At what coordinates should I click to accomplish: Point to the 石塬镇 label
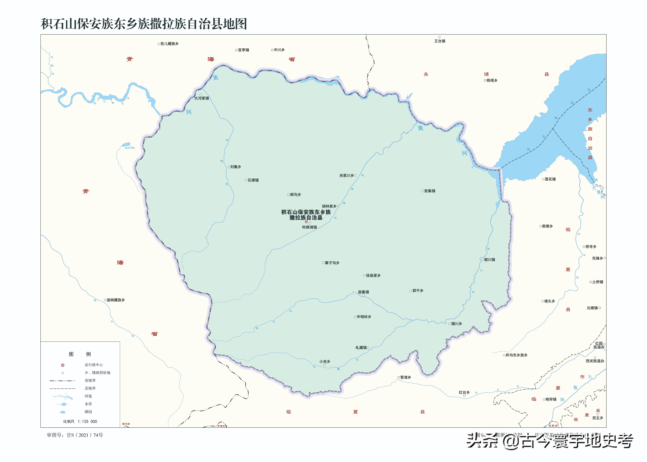[x=253, y=180]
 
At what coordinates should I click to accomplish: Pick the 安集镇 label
[x=430, y=191]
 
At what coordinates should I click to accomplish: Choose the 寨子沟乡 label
[x=332, y=263]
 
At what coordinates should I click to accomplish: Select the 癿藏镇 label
[x=361, y=348]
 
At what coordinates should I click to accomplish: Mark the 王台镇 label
[x=440, y=41]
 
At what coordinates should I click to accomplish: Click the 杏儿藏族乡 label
[x=169, y=44]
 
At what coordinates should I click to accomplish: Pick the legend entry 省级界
[x=90, y=380]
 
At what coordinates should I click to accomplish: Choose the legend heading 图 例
[x=80, y=354]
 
